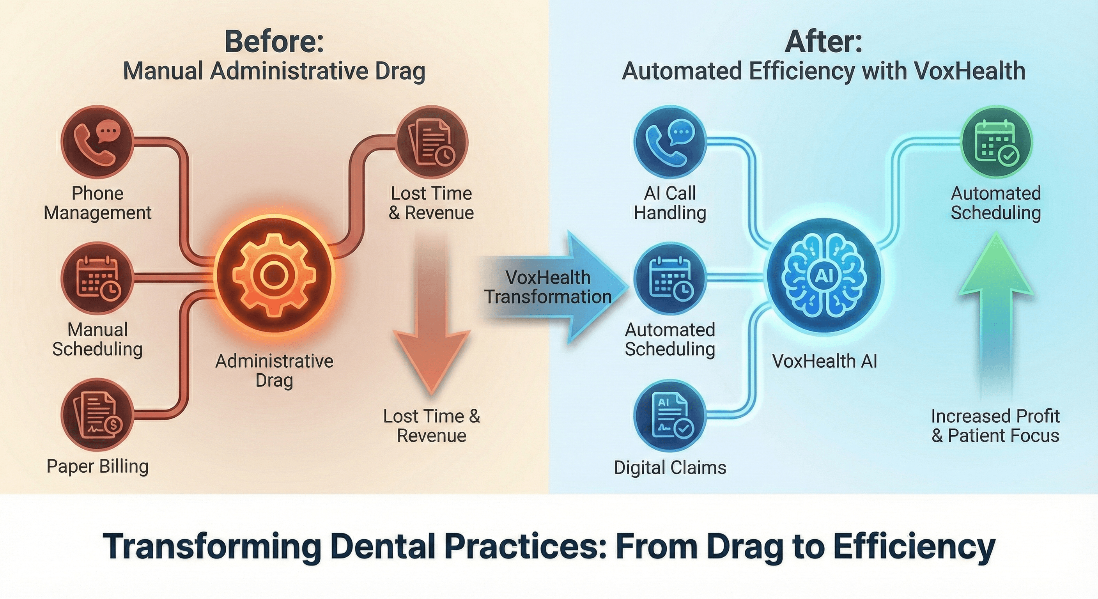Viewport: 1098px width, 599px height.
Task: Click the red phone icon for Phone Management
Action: click(97, 142)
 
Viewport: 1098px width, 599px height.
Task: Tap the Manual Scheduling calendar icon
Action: click(97, 279)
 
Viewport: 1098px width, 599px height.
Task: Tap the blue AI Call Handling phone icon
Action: click(670, 142)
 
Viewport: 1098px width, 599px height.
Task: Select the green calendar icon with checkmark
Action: click(996, 142)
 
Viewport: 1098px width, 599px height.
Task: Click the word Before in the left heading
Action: click(274, 42)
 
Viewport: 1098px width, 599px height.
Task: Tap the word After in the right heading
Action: click(823, 42)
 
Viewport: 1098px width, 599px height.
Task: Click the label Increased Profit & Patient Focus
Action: click(995, 425)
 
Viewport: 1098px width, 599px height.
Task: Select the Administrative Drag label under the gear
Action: click(274, 370)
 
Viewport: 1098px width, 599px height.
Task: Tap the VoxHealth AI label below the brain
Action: click(824, 361)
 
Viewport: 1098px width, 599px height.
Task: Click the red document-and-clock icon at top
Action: click(431, 142)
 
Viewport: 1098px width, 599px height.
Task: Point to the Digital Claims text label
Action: click(670, 467)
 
